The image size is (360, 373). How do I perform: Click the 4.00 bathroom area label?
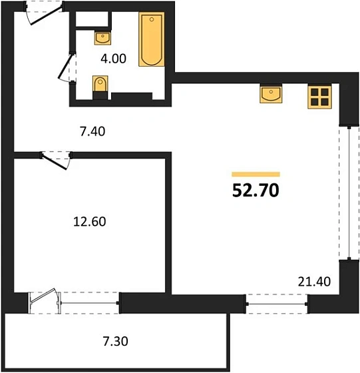(112, 58)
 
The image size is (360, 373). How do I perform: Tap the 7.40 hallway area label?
(93, 131)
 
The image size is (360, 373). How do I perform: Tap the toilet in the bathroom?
(99, 87)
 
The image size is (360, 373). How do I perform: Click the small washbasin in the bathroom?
(102, 37)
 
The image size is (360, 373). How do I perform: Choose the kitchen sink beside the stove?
(271, 95)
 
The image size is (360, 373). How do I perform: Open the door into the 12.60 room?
(56, 160)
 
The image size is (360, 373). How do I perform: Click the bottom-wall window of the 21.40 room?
(278, 303)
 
